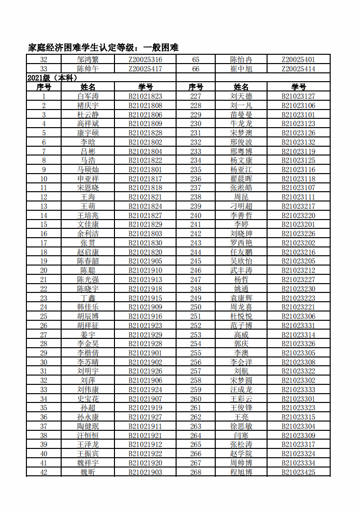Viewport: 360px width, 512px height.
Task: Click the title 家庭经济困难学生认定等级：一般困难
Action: point(103,47)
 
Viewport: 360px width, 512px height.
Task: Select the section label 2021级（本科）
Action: point(53,78)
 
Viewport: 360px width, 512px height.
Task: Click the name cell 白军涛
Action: point(88,96)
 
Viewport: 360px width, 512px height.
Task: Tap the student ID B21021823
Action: point(145,96)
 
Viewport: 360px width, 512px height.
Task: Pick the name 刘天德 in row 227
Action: point(241,96)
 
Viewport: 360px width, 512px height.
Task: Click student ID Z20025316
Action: point(145,60)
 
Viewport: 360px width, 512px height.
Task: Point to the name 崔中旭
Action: point(241,69)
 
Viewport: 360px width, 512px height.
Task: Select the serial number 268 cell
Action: point(196,472)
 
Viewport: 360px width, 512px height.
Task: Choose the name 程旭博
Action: point(241,472)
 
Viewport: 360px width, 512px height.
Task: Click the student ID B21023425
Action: point(298,472)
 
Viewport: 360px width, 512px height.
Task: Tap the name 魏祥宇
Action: point(88,463)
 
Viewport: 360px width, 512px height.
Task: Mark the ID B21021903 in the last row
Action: point(145,472)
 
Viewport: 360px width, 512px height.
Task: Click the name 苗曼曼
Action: point(241,114)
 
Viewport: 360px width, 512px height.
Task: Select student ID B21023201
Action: point(298,224)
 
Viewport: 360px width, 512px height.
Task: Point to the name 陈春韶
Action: point(88,261)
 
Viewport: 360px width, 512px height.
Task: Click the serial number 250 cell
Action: point(196,307)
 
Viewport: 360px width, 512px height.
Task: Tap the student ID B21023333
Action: point(298,390)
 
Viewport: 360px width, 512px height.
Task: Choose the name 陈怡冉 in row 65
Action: point(241,60)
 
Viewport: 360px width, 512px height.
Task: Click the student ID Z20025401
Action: point(298,60)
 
